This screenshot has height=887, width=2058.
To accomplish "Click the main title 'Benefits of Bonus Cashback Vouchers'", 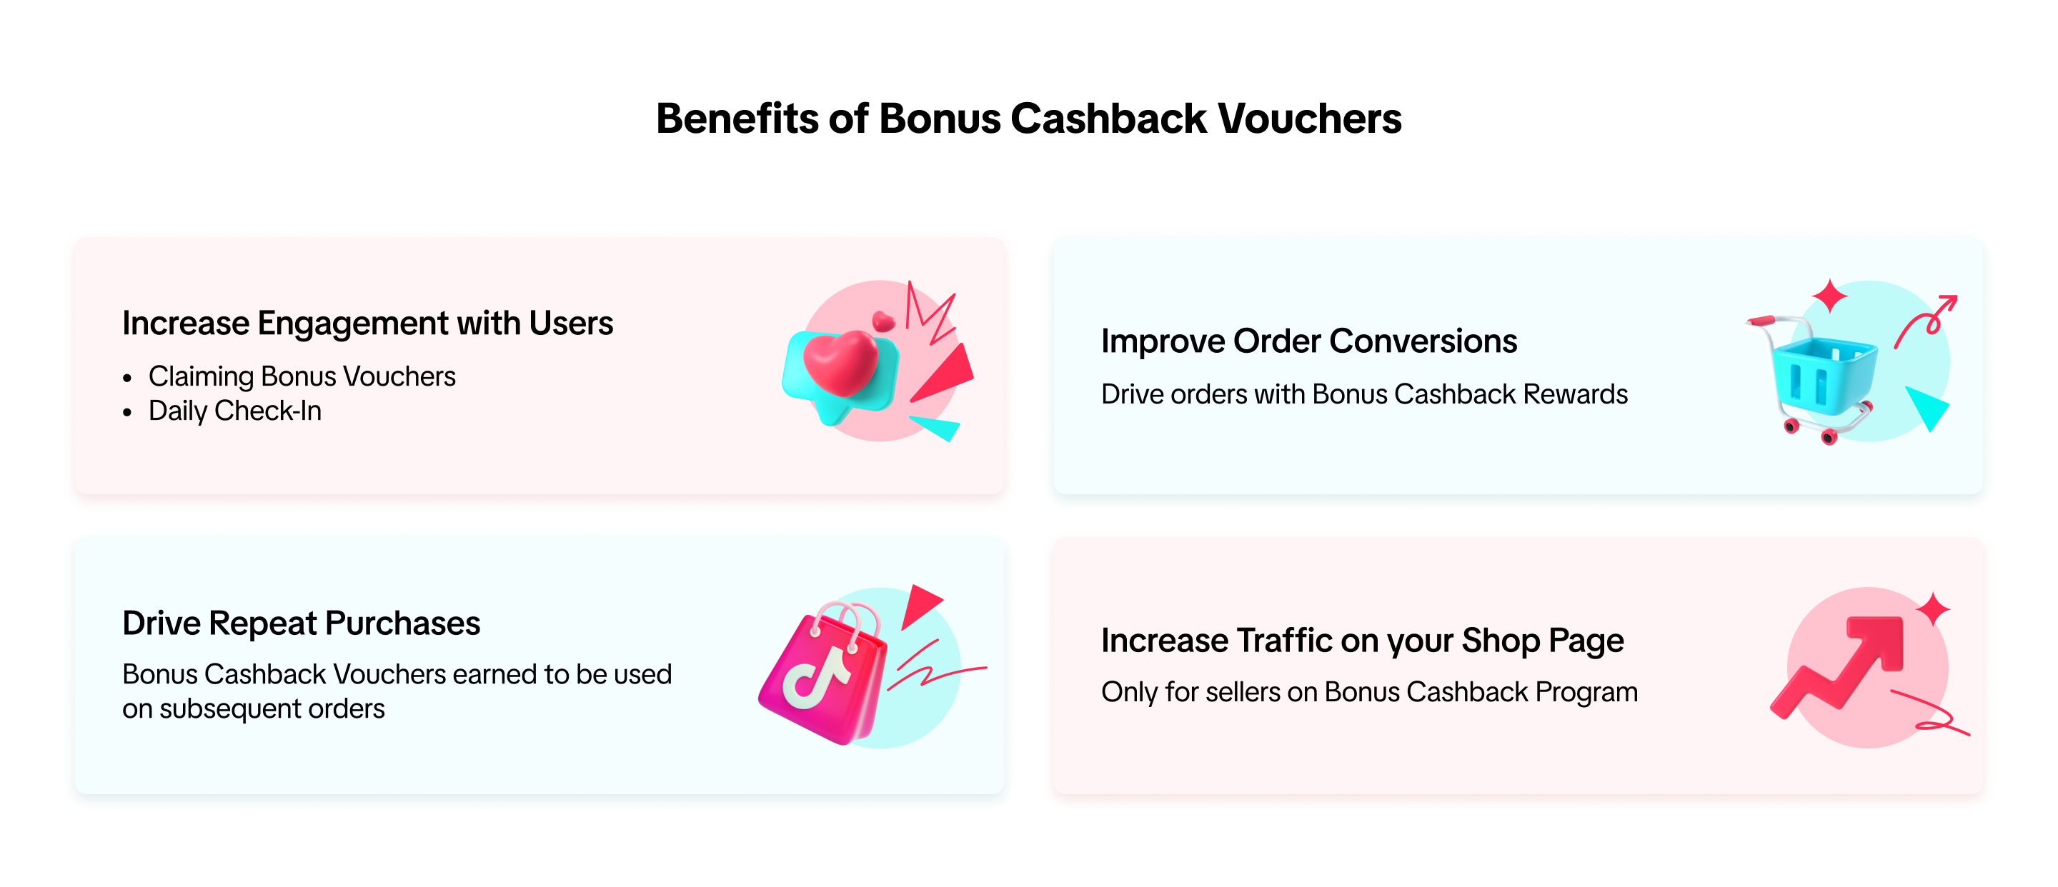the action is pyautogui.click(x=1028, y=119).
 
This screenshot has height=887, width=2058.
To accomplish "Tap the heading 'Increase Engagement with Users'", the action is pyautogui.click(x=367, y=324).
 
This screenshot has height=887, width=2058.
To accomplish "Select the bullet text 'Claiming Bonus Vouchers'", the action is pyautogui.click(x=302, y=376).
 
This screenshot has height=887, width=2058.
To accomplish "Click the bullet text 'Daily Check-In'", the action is pyautogui.click(x=235, y=411).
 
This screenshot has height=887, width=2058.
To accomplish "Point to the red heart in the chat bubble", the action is pyautogui.click(x=840, y=364).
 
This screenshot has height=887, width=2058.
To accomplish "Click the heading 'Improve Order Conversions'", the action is pyautogui.click(x=1308, y=341).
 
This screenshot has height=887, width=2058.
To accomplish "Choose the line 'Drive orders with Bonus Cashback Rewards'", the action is pyautogui.click(x=1363, y=394).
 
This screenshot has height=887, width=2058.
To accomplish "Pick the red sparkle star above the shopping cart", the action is pyautogui.click(x=1829, y=296).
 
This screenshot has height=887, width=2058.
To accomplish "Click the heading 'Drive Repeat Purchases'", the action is pyautogui.click(x=301, y=623).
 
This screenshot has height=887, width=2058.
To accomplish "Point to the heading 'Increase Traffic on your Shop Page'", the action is pyautogui.click(x=1362, y=641).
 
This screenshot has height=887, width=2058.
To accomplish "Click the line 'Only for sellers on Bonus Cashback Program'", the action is pyautogui.click(x=1369, y=692).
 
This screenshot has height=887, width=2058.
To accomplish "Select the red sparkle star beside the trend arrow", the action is pyautogui.click(x=1934, y=610).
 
